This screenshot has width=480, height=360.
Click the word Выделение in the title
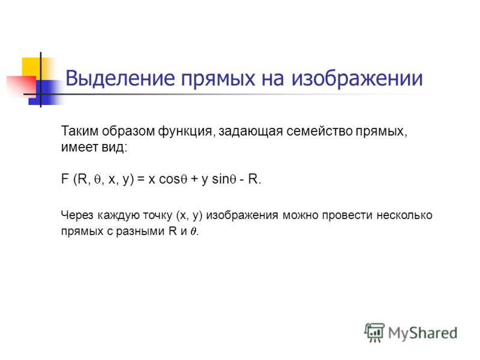pyautogui.click(x=121, y=79)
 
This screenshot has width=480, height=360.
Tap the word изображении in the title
pyautogui.click(x=357, y=79)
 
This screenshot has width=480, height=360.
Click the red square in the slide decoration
pyautogui.click(x=21, y=86)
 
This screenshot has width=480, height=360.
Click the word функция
pyautogui.click(x=185, y=131)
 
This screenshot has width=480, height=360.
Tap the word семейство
pyautogui.click(x=319, y=131)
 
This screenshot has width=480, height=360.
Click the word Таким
pyautogui.click(x=80, y=131)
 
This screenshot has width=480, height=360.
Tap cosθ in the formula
pyautogui.click(x=173, y=179)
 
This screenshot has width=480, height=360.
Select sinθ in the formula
pyautogui.click(x=224, y=179)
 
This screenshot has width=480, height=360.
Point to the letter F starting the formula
pyautogui.click(x=65, y=179)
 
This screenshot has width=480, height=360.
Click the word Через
pyautogui.click(x=77, y=215)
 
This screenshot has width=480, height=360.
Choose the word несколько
pyautogui.click(x=404, y=215)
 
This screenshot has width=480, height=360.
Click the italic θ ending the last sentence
pyautogui.click(x=193, y=232)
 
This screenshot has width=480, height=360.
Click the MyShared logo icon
pyautogui.click(x=374, y=332)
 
